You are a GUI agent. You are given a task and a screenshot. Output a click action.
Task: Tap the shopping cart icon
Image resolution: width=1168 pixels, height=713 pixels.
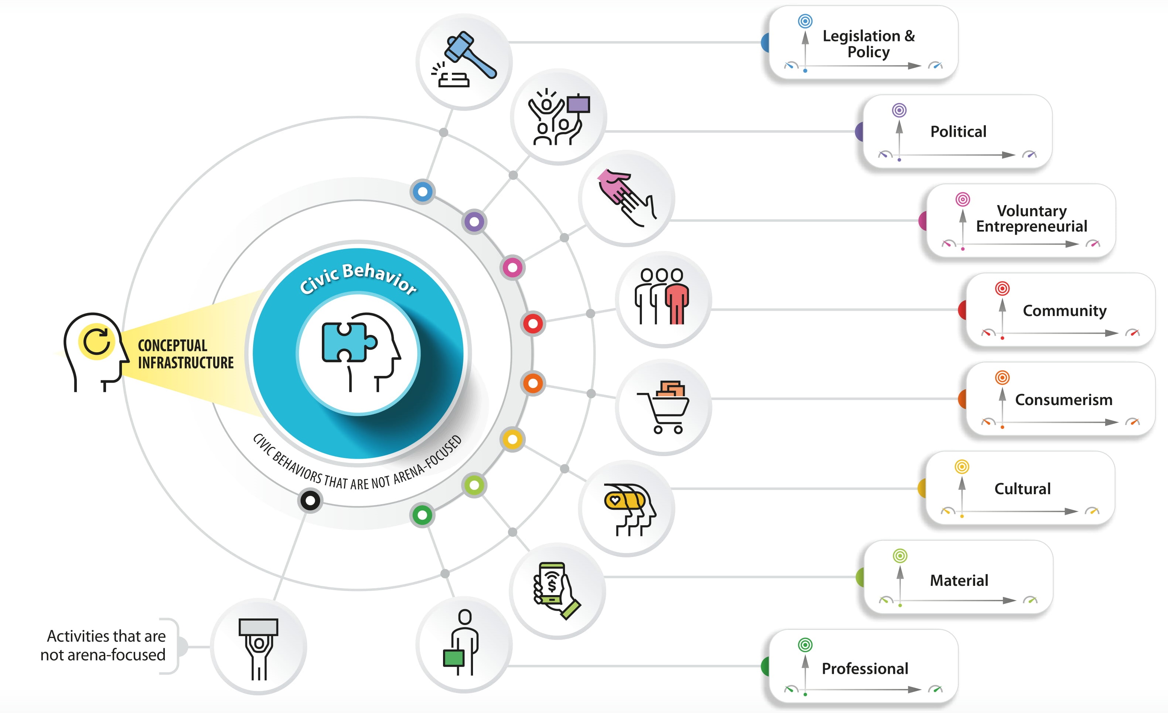pos(664,407)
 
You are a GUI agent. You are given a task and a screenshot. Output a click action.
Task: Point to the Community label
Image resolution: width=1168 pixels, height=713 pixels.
pos(1064,310)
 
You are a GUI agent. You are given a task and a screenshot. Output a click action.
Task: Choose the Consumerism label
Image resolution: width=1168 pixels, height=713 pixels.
pos(1063,400)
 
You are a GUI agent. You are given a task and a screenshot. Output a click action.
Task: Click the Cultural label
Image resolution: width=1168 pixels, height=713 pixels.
pos(1022,488)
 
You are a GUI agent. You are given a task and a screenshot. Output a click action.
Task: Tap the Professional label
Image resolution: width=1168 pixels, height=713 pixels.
pos(865,668)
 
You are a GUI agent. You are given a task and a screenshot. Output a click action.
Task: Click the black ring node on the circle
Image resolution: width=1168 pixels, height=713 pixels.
pos(310,500)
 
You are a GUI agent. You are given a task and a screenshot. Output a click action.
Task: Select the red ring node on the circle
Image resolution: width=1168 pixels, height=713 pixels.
pos(533,324)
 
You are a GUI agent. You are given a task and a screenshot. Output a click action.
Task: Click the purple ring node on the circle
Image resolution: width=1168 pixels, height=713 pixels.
pos(474,221)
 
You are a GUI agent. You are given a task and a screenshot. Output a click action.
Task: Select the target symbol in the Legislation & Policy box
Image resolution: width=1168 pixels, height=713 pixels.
pos(805,21)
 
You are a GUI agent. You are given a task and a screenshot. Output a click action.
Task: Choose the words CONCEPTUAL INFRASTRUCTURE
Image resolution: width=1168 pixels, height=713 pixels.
pos(185,354)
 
